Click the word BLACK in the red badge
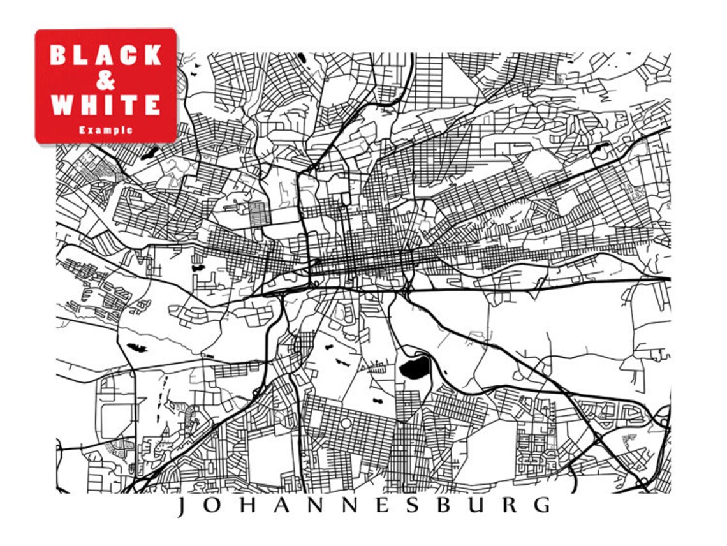(x=106, y=55)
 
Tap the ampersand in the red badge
(x=106, y=80)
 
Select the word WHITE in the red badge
(x=106, y=105)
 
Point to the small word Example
(x=106, y=130)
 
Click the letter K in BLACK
(x=152, y=55)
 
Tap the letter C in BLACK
(x=129, y=55)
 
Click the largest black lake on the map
(x=415, y=367)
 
